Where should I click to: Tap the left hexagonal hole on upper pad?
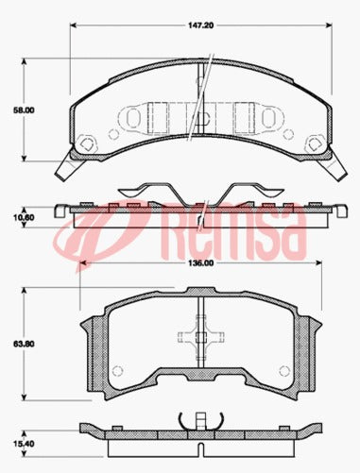[x=89, y=143]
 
